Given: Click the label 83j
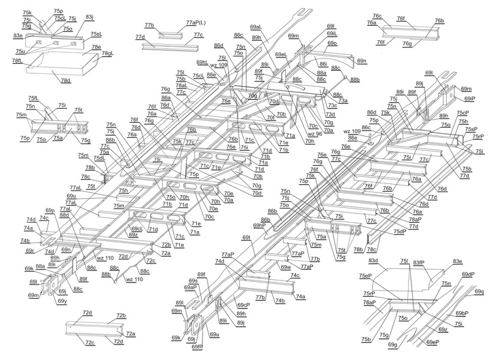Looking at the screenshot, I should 90,16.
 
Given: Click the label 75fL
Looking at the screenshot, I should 33,98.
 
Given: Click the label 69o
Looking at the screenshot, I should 332,43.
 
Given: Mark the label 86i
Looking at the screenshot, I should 323,64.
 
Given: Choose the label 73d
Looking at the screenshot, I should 330,114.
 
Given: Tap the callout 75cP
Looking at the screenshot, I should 462,113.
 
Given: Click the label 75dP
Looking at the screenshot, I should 400,231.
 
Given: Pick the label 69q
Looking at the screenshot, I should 479,291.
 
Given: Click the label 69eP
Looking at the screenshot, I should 432,342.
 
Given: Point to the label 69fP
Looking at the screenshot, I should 197,346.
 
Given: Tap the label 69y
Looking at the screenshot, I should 62,301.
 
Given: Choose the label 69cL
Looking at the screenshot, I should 136,228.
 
